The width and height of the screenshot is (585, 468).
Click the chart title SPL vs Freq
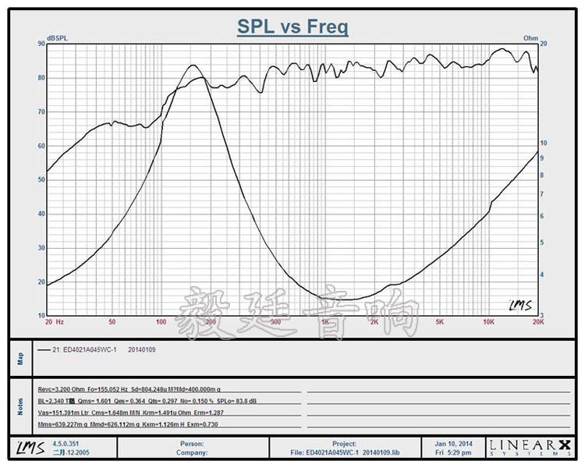[292, 27]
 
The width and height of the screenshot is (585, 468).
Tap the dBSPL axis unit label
[58, 37]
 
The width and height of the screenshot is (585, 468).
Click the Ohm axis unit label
[530, 37]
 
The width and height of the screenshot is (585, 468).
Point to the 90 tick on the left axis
[41, 44]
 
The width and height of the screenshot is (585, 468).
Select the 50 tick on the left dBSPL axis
[41, 179]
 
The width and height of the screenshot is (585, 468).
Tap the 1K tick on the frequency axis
[324, 321]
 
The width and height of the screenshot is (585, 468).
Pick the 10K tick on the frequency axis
[489, 321]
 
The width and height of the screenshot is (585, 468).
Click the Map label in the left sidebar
[21, 358]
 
